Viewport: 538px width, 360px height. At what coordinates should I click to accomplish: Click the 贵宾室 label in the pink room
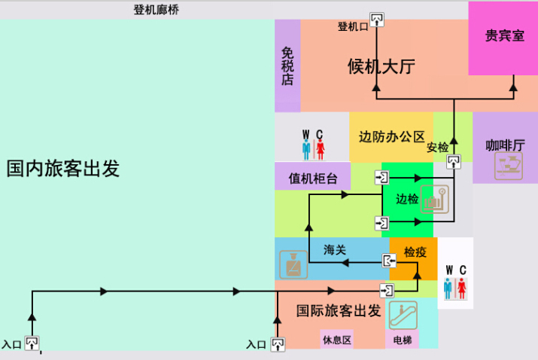pos(505,35)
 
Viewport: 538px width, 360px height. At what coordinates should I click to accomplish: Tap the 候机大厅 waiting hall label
pos(381,66)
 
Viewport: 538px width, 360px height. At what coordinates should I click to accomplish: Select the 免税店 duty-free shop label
pos(287,66)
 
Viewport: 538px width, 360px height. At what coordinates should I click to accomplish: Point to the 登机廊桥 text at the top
pos(156,10)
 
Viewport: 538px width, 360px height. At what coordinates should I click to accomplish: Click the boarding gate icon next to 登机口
pos(377,20)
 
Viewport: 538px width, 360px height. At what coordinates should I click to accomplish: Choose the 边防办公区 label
pos(392,137)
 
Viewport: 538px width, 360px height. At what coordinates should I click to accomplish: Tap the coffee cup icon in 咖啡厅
pos(509,166)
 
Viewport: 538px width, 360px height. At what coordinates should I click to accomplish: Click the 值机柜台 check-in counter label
pos(312,178)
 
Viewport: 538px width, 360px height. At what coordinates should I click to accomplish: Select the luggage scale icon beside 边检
pos(434,200)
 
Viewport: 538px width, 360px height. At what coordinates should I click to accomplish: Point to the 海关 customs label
pos(335,250)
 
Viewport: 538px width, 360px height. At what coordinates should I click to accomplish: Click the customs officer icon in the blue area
pos(293,264)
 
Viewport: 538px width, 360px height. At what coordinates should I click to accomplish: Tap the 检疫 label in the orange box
pos(415,252)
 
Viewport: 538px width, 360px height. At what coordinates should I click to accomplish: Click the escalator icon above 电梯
pos(403,315)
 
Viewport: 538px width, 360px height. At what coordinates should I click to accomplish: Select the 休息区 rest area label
pos(337,340)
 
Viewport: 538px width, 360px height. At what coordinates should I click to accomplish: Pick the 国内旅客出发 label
pos(62,168)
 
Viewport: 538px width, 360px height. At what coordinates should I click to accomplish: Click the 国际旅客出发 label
pos(339,310)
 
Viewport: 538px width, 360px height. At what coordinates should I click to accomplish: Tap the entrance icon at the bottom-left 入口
pos(32,343)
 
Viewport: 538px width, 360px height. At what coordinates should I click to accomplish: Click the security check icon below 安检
pos(453,161)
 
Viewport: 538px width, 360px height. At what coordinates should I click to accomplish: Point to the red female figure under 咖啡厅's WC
pos(462,288)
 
